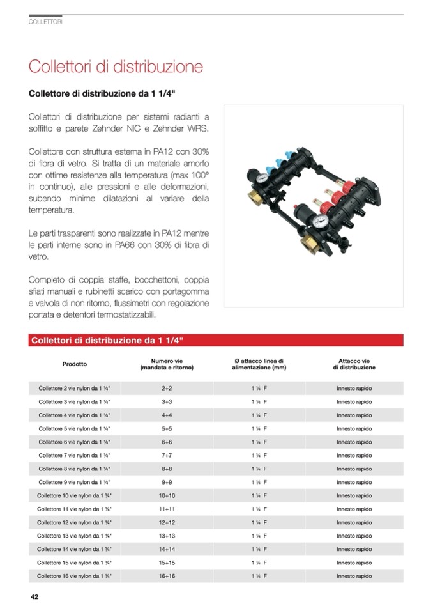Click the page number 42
tap(34, 597)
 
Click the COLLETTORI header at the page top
tap(45, 22)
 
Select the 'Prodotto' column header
tap(74, 364)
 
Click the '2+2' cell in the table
tap(167, 388)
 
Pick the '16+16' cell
tap(167, 576)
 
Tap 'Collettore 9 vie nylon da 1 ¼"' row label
tap(74, 482)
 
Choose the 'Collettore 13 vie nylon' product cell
tap(74, 536)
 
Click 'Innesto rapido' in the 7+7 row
tap(354, 455)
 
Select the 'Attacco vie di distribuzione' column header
tap(354, 364)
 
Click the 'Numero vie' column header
tap(167, 364)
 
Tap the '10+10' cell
tap(167, 495)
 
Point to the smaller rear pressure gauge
tap(263, 176)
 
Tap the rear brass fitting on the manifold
tap(255, 191)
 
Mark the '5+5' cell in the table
tap(167, 428)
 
